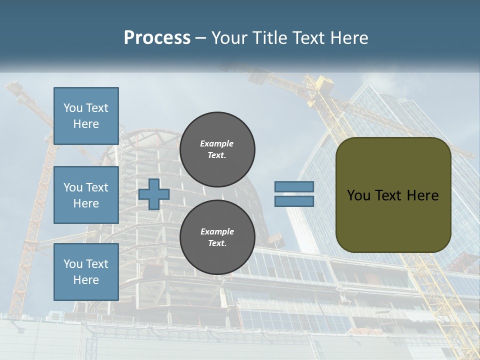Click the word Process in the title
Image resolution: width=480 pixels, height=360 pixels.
(157, 37)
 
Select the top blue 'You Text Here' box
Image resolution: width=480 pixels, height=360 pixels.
(86, 116)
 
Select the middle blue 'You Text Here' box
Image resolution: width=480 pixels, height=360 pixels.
(86, 195)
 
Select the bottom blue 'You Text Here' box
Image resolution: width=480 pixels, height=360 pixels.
(86, 272)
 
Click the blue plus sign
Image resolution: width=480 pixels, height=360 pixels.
(154, 194)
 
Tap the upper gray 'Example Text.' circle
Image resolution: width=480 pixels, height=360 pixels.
(217, 149)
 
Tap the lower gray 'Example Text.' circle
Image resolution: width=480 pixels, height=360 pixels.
(217, 237)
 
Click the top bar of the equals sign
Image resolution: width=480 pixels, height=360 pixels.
(294, 186)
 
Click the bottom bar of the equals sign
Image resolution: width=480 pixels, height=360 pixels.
(294, 201)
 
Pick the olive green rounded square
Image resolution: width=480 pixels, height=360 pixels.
(393, 220)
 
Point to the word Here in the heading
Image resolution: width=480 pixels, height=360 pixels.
(349, 37)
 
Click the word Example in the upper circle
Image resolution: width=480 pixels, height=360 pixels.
(217, 143)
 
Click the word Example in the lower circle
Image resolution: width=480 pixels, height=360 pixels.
(217, 231)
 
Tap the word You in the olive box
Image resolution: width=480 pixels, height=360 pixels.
(358, 195)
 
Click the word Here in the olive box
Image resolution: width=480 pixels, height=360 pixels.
(422, 195)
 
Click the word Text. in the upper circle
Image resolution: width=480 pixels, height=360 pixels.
(217, 155)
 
